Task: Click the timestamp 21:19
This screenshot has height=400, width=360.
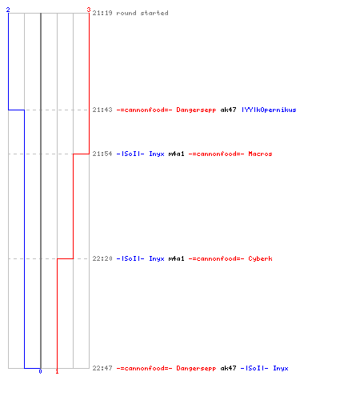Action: coord(102,13)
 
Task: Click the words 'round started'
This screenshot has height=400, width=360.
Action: coord(142,13)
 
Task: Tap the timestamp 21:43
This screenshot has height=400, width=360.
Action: coord(102,110)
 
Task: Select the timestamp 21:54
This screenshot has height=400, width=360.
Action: coord(102,154)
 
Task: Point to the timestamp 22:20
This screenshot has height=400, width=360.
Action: coord(102,258)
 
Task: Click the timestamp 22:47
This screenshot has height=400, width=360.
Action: coord(102,368)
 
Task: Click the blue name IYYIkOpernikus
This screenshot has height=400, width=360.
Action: coord(269,110)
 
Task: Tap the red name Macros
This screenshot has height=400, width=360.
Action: coord(260,154)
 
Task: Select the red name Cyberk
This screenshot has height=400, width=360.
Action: coord(260,259)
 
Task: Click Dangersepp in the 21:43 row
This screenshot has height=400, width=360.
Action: coord(196,110)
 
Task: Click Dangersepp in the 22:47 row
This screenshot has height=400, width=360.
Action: coord(196,369)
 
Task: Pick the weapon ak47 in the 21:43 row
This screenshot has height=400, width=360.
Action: coord(228,110)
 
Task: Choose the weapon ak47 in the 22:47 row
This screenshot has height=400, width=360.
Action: coord(228,368)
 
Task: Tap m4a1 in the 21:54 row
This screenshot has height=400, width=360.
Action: coord(176,154)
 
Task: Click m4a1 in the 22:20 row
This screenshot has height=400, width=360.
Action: coord(176,258)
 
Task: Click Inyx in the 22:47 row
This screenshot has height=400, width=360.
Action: coord(281,369)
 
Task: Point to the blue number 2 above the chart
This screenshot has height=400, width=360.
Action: coord(8,10)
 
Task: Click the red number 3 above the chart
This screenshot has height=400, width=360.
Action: coord(89,10)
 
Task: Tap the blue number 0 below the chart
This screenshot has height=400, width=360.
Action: coord(40,371)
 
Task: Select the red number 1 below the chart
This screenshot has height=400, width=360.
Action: coord(57,371)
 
